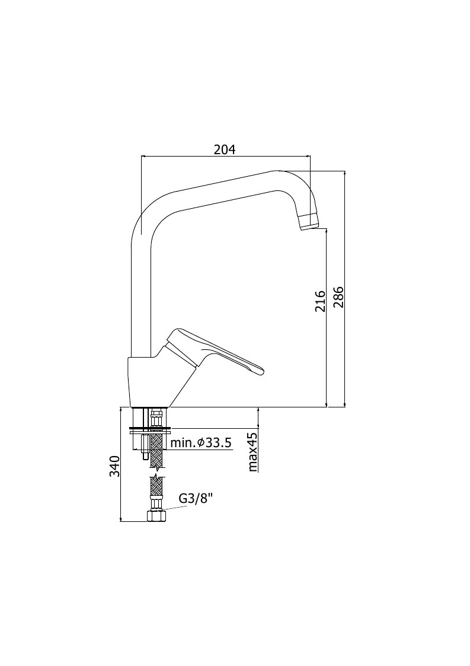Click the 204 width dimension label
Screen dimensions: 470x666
[224, 149]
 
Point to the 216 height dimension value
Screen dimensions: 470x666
[320, 301]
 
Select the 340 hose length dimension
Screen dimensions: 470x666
[115, 466]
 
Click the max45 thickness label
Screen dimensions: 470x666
[253, 452]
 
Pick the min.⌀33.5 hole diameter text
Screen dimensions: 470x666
[201, 443]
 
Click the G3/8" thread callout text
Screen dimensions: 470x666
[196, 498]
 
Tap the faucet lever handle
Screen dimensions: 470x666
[215, 352]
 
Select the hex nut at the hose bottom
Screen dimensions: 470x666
[156, 515]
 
